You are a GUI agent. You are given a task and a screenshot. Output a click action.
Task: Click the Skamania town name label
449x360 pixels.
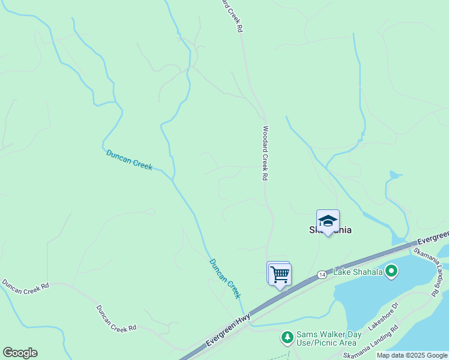[x=330, y=230]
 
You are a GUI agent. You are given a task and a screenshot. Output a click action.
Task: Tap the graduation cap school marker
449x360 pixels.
[x=328, y=221]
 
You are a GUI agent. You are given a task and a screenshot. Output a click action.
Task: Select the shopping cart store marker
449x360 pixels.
[x=280, y=275]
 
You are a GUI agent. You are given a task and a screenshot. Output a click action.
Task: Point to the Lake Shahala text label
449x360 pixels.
[x=358, y=272]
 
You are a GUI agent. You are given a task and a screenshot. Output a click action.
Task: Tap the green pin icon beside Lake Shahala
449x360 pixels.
[x=391, y=272]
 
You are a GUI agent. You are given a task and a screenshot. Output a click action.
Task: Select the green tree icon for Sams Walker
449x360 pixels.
[x=288, y=338]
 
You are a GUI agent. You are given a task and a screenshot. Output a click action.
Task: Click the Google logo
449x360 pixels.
[x=20, y=353]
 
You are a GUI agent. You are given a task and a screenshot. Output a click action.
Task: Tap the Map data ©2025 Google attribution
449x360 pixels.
[x=412, y=355]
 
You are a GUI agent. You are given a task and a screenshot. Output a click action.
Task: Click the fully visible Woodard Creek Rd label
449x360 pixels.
[x=264, y=153]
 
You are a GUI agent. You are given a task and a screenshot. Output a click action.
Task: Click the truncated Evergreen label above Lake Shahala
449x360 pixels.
[x=434, y=235]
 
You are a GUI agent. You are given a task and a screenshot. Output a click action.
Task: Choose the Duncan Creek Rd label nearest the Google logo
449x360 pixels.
[x=25, y=286]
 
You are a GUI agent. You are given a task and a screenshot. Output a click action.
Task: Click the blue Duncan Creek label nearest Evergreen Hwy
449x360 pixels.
[x=225, y=278]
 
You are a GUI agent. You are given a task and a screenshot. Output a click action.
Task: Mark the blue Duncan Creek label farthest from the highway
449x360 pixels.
[x=129, y=159]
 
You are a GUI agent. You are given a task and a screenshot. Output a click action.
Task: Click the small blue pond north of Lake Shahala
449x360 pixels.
[x=394, y=176]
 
